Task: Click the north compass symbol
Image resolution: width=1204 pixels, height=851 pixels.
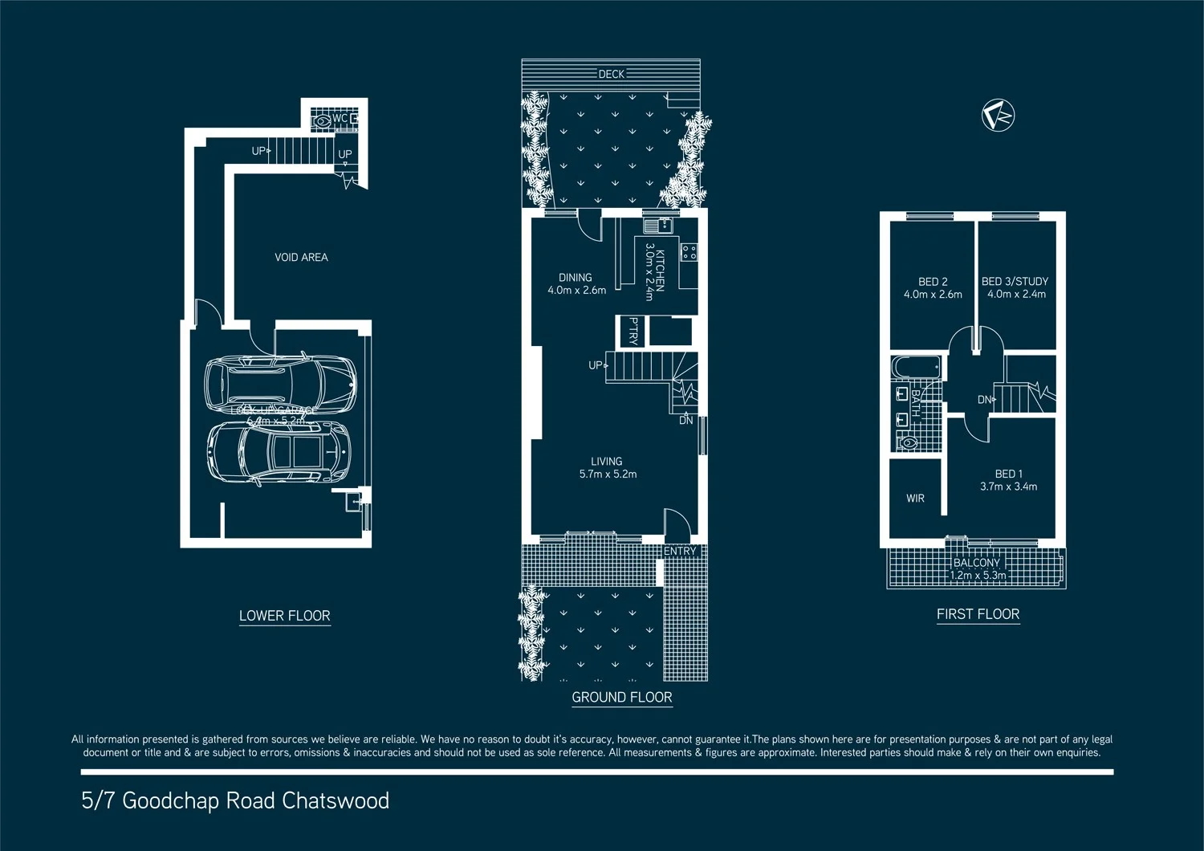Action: [x=998, y=116]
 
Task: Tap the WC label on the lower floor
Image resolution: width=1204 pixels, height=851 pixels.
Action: [x=340, y=119]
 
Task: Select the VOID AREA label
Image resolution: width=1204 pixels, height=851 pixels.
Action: [x=301, y=258]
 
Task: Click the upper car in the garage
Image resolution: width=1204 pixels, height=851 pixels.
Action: [x=280, y=382]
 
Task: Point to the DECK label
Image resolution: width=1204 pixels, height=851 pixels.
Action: [x=611, y=74]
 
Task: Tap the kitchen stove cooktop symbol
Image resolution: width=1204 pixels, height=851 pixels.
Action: [x=689, y=253]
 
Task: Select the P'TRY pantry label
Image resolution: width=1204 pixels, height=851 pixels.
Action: [x=633, y=331]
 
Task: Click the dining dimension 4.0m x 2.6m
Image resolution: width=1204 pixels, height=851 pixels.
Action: [x=576, y=291]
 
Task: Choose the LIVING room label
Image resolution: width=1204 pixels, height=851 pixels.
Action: [x=606, y=462]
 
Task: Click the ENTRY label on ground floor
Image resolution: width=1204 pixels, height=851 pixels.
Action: [x=680, y=552]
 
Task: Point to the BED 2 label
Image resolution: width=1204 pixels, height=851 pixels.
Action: [x=933, y=282]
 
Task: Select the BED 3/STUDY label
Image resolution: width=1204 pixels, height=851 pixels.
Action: [x=1015, y=282]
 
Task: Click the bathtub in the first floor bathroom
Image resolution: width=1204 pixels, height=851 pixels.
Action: [x=916, y=368]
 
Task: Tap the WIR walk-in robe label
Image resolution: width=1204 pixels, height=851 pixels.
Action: [x=915, y=499]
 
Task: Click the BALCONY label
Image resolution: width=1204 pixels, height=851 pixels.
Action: [x=976, y=563]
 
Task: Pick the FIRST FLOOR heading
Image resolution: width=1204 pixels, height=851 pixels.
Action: [x=978, y=614]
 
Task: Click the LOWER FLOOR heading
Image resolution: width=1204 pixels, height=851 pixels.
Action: [x=284, y=616]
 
